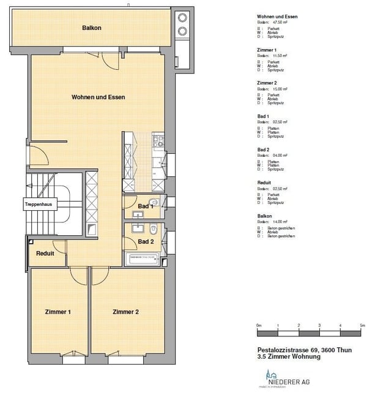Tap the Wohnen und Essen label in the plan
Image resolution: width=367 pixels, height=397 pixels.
98,97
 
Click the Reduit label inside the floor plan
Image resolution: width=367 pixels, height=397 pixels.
45,253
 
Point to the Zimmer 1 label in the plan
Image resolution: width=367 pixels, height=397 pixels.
58,312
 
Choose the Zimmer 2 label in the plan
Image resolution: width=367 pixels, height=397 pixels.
125,312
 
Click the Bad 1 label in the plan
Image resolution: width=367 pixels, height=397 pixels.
145,206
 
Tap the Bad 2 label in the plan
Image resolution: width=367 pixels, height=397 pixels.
145,242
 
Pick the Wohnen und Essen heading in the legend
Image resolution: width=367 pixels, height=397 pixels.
278,16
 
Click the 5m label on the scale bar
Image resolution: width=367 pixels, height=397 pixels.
361,325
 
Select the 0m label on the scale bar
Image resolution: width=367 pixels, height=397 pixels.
259,325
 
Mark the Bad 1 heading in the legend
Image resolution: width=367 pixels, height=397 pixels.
264,116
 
